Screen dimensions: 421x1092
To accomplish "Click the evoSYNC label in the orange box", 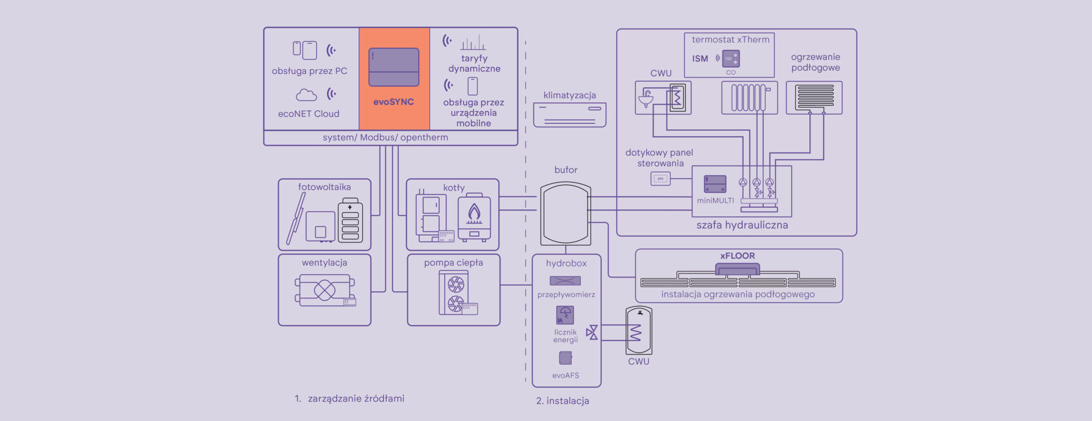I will (394, 102).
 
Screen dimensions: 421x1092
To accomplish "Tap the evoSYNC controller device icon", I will (394, 67).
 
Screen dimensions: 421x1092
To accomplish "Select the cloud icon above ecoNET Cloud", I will (306, 94).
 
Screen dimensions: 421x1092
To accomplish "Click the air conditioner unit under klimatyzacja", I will (569, 114).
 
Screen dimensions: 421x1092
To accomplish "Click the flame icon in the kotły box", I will (474, 213).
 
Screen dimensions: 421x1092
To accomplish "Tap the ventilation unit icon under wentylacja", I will (325, 290).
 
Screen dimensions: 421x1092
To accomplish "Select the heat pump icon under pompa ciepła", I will (455, 293).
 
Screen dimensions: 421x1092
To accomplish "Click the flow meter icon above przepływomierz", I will (565, 280).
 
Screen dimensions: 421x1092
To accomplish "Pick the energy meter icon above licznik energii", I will (565, 315).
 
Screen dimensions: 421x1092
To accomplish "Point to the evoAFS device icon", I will (565, 357).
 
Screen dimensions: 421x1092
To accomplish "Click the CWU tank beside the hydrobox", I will (639, 331).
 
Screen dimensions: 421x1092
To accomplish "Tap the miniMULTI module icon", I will (715, 184).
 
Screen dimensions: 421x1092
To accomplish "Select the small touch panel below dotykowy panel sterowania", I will (660, 179).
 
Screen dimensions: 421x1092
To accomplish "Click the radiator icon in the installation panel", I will (749, 97).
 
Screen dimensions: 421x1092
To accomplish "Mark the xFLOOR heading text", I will (738, 256).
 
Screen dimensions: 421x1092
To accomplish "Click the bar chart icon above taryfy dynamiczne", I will (473, 43).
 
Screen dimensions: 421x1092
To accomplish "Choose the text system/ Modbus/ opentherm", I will (385, 138).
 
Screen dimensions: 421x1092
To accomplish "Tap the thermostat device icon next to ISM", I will (731, 58).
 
